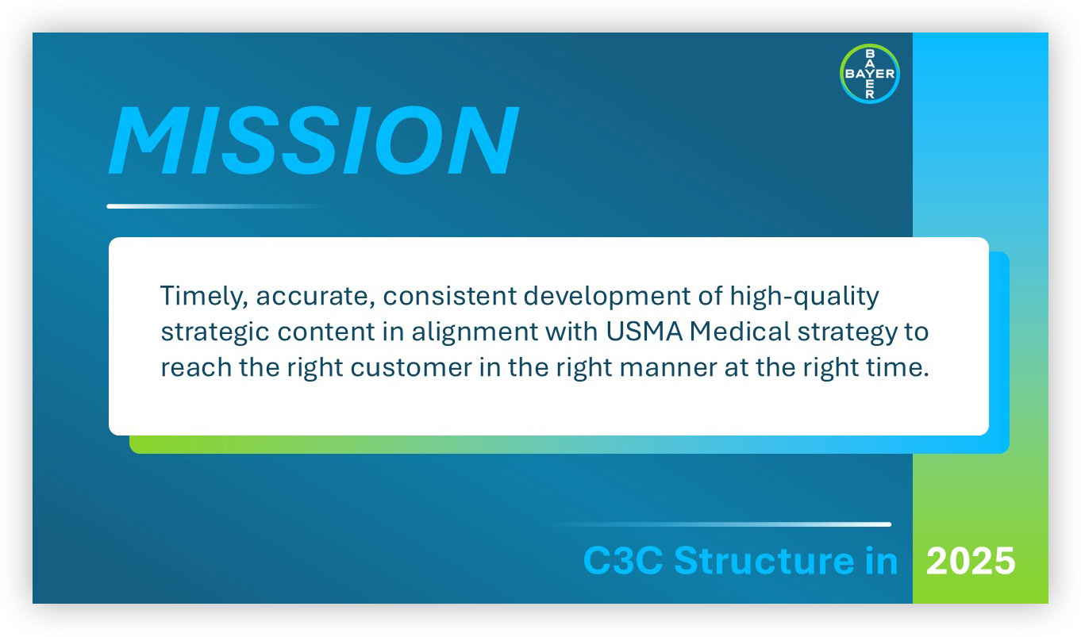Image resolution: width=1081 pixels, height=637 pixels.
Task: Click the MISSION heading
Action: pyautogui.click(x=314, y=140)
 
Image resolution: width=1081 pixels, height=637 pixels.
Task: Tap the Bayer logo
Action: pyautogui.click(x=870, y=74)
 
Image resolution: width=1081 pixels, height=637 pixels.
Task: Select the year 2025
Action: pyautogui.click(x=971, y=561)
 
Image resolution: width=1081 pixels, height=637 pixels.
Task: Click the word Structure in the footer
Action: pyautogui.click(x=765, y=560)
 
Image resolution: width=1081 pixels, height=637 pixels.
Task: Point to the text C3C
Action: pyautogui.click(x=622, y=561)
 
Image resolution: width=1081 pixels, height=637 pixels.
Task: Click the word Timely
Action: pyautogui.click(x=204, y=297)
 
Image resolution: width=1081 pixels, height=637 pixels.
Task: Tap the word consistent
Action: pyautogui.click(x=450, y=296)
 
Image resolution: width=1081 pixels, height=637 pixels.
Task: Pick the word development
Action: pyautogui.click(x=606, y=297)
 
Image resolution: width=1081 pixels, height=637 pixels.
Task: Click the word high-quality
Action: pyautogui.click(x=805, y=297)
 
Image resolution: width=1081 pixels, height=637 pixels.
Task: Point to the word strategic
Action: pyautogui.click(x=215, y=332)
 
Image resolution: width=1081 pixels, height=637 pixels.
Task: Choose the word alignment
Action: pyautogui.click(x=475, y=332)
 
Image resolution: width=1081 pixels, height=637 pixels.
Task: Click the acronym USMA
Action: pyautogui.click(x=644, y=332)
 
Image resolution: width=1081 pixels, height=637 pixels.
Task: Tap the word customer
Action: pyautogui.click(x=411, y=368)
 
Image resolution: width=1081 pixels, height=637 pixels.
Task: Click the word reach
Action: pyautogui.click(x=196, y=368)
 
